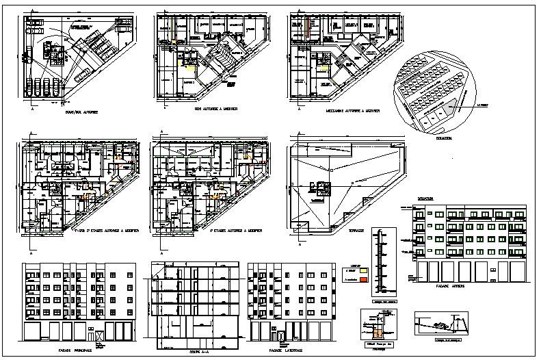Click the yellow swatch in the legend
(x=365, y=271)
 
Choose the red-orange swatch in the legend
(x=365, y=280)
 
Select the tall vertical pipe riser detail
(x=377, y=262)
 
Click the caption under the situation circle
(x=443, y=137)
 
